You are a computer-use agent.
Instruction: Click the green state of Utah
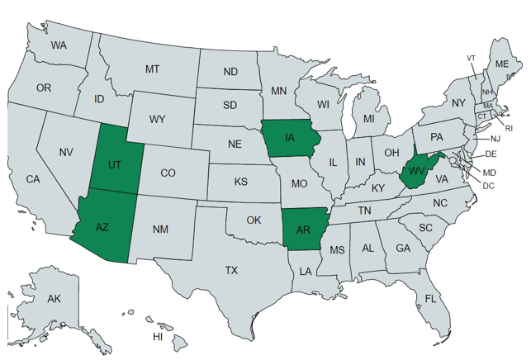115,164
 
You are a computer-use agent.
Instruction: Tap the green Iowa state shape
292,138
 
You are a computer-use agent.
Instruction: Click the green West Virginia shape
415,173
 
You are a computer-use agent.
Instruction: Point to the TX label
232,270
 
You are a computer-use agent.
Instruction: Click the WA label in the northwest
59,45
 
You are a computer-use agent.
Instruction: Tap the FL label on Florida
431,298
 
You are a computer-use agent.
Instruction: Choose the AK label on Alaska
55,298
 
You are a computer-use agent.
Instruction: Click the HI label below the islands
158,337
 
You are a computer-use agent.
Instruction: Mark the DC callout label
489,185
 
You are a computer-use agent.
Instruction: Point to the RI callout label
509,128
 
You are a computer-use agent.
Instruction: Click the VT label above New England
471,58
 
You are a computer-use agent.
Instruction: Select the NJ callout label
495,140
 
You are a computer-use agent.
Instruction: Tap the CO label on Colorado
168,173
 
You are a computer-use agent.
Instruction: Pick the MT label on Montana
152,69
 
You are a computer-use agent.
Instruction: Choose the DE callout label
491,154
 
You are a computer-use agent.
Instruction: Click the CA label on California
33,179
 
